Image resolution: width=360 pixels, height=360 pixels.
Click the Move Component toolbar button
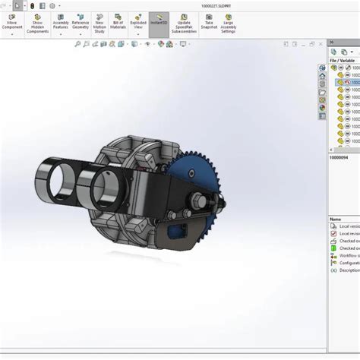click(x=12, y=23)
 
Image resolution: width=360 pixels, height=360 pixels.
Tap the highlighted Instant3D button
click(x=159, y=23)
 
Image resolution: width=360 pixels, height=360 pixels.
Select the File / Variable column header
click(x=343, y=60)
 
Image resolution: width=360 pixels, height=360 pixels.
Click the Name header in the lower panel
click(x=335, y=219)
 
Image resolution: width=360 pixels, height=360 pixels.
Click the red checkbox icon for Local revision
click(x=333, y=234)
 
